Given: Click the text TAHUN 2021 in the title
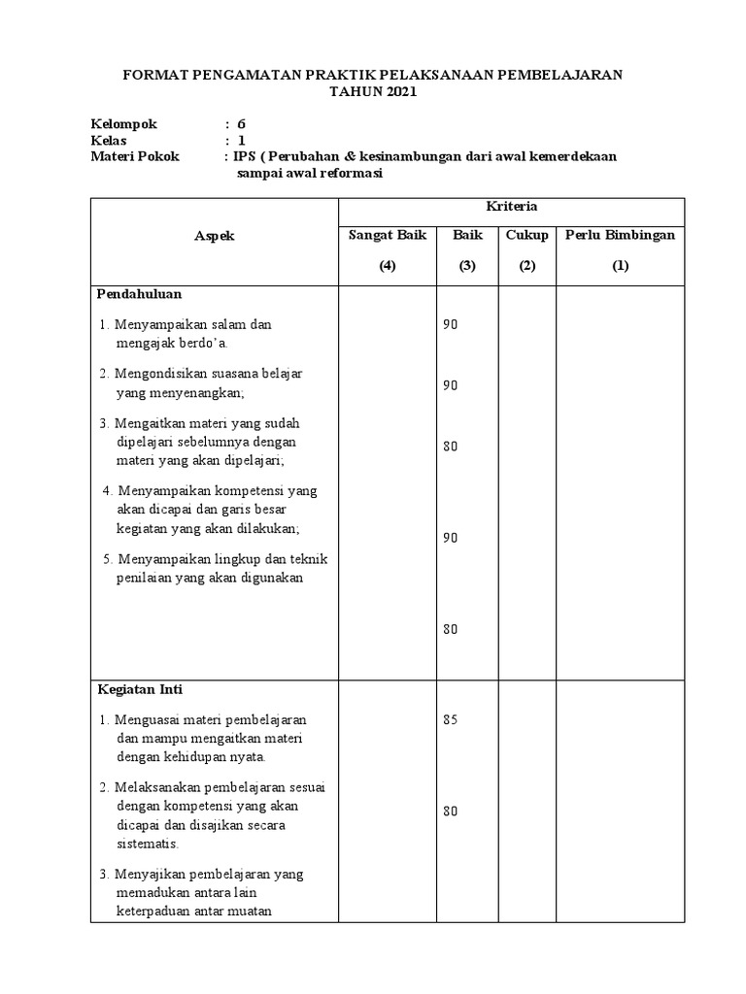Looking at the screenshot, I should point(374,92).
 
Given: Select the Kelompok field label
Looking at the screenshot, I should point(123,124).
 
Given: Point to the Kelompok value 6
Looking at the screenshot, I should point(242,124).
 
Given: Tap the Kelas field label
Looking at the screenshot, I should point(110,140).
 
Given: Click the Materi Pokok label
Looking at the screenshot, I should point(135,156).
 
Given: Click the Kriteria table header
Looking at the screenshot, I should point(511,207).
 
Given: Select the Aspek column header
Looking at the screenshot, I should point(214,236).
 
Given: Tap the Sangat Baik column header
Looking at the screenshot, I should point(388,235).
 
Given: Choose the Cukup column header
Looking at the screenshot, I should point(527,235).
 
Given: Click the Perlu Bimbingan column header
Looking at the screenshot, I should point(620,235).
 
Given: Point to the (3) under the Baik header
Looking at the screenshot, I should point(467,267).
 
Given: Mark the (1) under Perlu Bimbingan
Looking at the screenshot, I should point(620,267).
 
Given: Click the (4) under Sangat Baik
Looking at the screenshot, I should point(388,267).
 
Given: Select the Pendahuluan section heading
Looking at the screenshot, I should point(140,293).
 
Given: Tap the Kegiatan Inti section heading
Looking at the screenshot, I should point(140,689).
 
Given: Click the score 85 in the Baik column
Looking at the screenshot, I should point(450,720).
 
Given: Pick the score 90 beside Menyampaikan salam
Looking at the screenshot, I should point(450,325).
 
